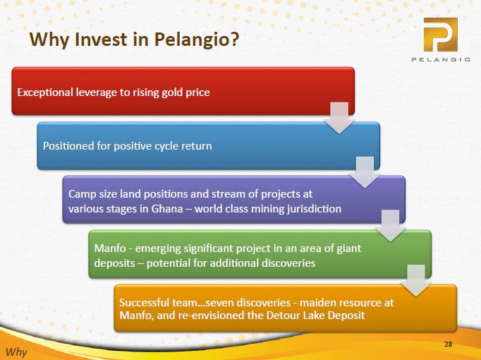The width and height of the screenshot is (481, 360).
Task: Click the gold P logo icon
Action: pos(441,35)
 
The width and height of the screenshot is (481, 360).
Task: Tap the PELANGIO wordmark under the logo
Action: pos(441,59)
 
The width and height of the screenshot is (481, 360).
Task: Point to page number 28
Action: pos(448,344)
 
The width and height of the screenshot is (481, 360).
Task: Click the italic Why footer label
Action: pos(16,352)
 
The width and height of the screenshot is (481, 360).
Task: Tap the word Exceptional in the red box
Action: pos(45,92)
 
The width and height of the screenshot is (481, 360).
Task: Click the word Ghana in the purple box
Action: pos(167,209)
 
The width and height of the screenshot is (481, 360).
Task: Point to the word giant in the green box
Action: pos(349,248)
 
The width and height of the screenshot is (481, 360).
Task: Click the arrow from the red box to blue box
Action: pos(339,118)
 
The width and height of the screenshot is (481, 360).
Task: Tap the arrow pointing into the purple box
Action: pos(365,172)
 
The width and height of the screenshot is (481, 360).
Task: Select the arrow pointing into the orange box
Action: pos(416,281)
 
